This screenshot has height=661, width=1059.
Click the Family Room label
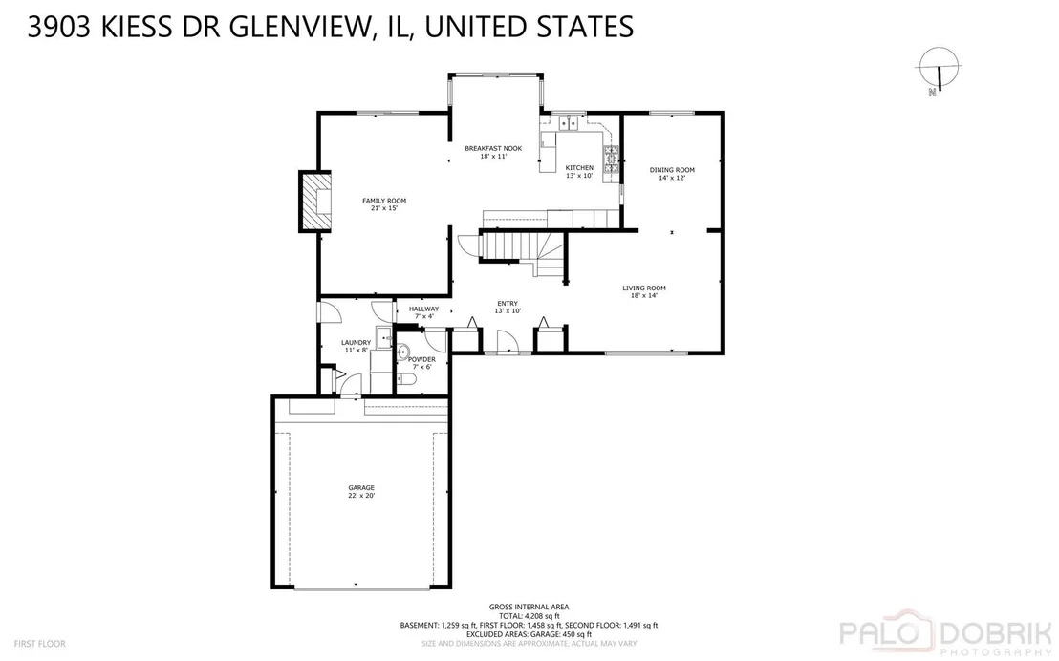tap(383, 203)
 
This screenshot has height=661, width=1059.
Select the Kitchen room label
tap(579, 172)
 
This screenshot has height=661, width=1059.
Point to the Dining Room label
tap(672, 174)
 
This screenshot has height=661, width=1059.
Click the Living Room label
tap(643, 291)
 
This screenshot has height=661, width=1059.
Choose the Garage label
tap(361, 491)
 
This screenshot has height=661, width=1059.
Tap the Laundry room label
tap(356, 346)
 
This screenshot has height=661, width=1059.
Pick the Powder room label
tap(422, 363)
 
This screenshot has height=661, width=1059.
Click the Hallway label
tap(423, 312)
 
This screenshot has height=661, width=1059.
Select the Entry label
tap(508, 308)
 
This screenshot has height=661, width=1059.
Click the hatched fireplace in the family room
tap(315, 202)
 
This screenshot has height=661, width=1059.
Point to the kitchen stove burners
tap(612, 160)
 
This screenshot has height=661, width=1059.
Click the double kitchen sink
tap(569, 123)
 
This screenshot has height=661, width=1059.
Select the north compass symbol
tap(938, 71)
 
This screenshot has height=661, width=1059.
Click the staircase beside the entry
tap(523, 252)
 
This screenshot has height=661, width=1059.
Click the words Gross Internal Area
tap(529, 607)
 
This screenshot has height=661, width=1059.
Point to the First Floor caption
tap(40, 644)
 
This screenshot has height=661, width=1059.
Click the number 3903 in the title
tap(58, 27)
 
